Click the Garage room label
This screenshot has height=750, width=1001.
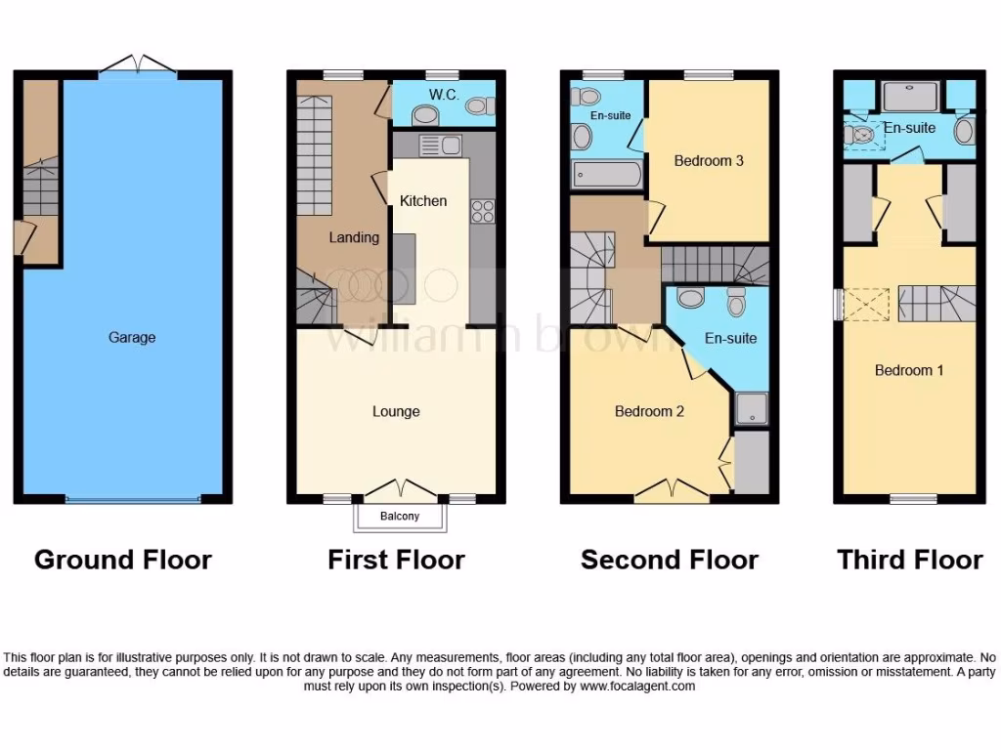click(132, 338)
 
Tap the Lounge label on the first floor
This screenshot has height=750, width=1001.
click(396, 411)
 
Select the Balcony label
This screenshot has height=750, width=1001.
click(401, 517)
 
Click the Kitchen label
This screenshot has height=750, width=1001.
click(423, 201)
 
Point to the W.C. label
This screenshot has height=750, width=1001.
click(444, 95)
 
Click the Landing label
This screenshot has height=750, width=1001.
click(354, 237)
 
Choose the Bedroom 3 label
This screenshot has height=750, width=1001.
click(709, 160)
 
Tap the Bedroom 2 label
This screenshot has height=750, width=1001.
click(649, 411)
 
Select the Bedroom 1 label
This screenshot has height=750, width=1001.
click(909, 370)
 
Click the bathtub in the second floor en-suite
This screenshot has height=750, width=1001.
click(606, 176)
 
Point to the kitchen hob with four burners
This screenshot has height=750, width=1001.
click(483, 211)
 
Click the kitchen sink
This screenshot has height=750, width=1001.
click(440, 146)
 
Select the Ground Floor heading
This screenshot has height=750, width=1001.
click(123, 560)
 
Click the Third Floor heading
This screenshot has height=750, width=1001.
click(909, 560)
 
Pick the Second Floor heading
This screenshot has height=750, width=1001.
click(670, 560)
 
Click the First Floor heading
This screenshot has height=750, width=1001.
click(396, 560)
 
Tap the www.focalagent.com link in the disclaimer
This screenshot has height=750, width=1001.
click(637, 687)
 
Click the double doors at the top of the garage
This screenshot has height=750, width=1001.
click(138, 65)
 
